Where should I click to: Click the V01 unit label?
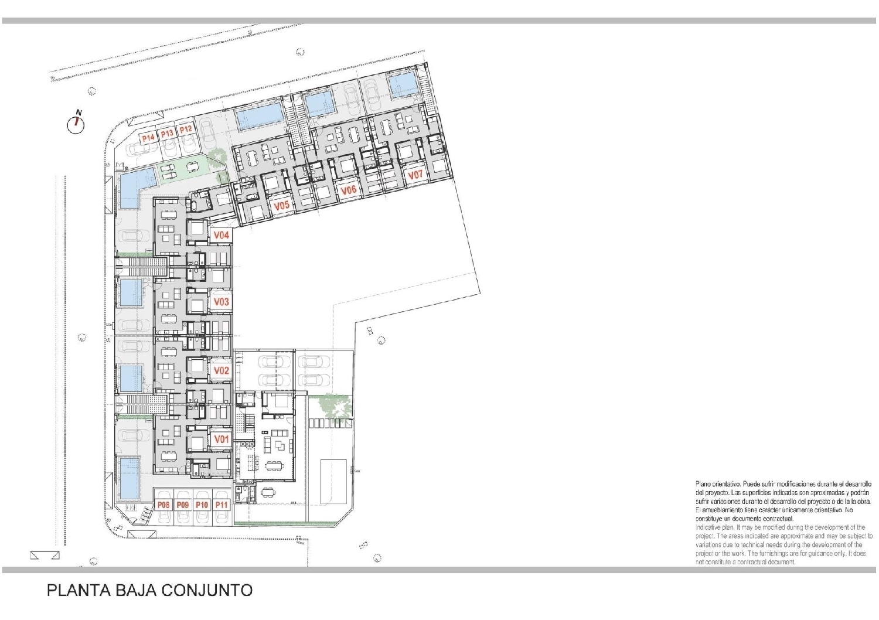pyautogui.click(x=221, y=440)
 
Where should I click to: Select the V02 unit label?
pyautogui.click(x=221, y=370)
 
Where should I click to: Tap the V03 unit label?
pyautogui.click(x=221, y=302)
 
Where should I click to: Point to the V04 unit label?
pyautogui.click(x=221, y=235)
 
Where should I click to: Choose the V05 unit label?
pyautogui.click(x=282, y=206)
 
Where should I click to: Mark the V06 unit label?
pyautogui.click(x=349, y=190)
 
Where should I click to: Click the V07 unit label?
pyautogui.click(x=415, y=175)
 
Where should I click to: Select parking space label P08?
pyautogui.click(x=163, y=505)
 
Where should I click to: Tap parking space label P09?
pyautogui.click(x=183, y=505)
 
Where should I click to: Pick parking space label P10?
pyautogui.click(x=202, y=505)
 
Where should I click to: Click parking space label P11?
pyautogui.click(x=222, y=505)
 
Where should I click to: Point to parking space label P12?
pyautogui.click(x=186, y=130)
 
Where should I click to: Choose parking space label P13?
pyautogui.click(x=167, y=134)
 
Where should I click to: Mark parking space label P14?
pyautogui.click(x=148, y=138)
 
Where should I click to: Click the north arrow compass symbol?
pyautogui.click(x=76, y=124)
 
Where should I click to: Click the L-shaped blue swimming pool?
pyautogui.click(x=132, y=185)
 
